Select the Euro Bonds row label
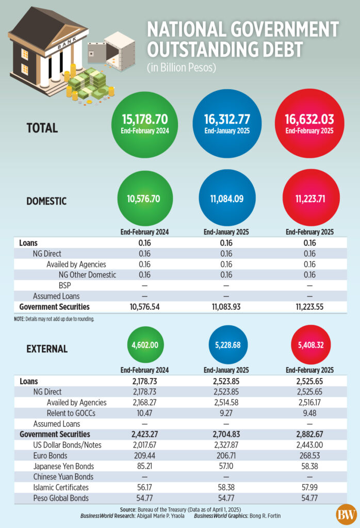point(51,456)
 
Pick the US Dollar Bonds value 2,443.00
point(309,445)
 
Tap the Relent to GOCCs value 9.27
point(227,413)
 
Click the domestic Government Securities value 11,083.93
point(227,307)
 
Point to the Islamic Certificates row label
point(61,487)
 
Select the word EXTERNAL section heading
point(47,349)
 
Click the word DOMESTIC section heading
point(46,201)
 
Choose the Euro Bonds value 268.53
point(309,456)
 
